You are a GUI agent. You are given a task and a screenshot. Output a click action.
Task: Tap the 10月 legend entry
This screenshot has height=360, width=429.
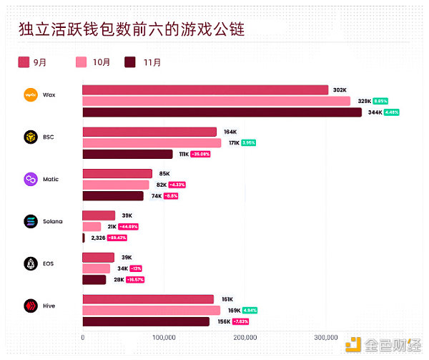93,62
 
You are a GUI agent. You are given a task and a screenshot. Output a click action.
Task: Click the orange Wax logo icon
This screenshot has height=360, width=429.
31,94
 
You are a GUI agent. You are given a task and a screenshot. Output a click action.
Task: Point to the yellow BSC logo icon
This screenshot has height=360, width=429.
31,137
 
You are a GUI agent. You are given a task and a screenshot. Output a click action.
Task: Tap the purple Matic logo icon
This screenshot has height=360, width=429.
31,179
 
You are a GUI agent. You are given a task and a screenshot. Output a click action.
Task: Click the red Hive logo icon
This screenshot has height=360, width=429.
31,306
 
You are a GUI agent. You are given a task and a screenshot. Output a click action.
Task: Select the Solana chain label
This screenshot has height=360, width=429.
53,221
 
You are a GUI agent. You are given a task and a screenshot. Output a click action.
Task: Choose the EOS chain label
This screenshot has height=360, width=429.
49,263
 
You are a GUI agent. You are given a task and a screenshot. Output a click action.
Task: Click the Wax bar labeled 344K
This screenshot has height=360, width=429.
222,112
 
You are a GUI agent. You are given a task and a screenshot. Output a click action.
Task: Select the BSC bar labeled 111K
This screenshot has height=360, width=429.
127,154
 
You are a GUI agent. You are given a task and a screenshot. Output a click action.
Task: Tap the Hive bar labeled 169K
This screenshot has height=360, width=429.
151,311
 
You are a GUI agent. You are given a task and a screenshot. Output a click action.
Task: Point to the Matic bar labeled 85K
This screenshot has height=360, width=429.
117,173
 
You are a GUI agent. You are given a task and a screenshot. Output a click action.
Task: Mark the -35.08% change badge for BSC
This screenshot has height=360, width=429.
200,154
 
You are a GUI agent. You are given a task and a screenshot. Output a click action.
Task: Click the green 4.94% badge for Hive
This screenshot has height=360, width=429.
250,311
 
